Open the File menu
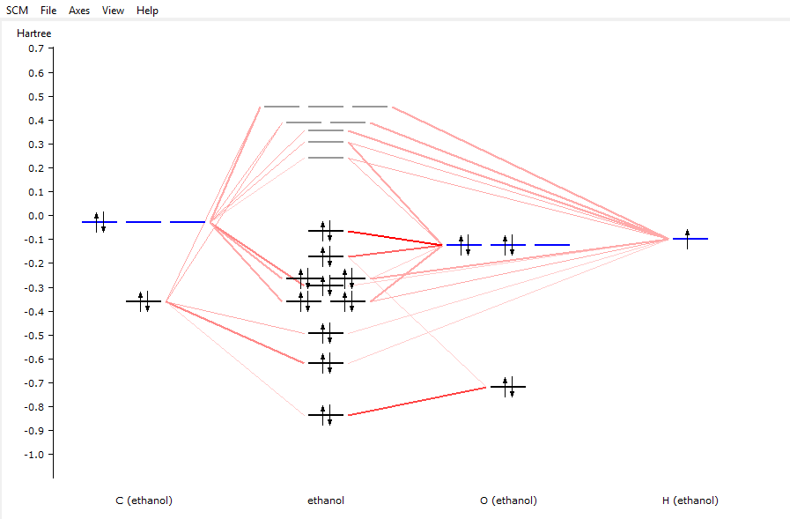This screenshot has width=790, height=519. click(48, 11)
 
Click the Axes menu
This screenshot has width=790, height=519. click(79, 11)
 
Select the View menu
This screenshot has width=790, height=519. click(113, 11)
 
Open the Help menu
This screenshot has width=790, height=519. click(147, 11)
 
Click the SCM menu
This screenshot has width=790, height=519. click(17, 11)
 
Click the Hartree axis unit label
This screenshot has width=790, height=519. click(34, 33)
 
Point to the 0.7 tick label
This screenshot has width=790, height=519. click(35, 48)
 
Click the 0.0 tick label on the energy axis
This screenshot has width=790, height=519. click(35, 216)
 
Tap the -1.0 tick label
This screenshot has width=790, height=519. click(33, 455)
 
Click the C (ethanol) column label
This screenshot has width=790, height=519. click(144, 500)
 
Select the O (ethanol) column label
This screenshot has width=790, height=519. click(508, 500)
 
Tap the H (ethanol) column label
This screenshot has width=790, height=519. click(690, 500)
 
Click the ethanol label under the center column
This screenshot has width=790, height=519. click(326, 500)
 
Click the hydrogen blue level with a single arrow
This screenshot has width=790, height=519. click(690, 239)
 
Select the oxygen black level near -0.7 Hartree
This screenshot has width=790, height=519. click(508, 387)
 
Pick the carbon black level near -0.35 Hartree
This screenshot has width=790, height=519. click(144, 301)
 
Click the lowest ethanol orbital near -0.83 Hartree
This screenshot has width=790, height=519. click(326, 415)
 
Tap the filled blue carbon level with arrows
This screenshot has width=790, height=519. click(100, 222)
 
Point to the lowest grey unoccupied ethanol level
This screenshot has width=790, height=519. click(326, 158)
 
